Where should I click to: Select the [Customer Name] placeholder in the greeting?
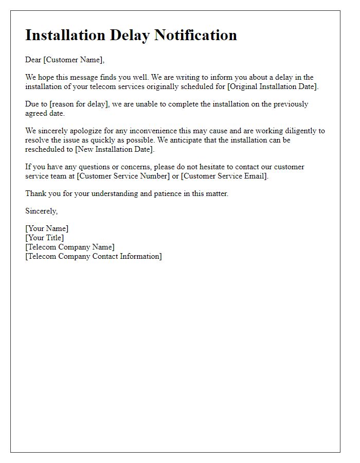tap(74, 60)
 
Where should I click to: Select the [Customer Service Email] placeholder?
tap(224, 176)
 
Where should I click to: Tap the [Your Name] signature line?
tap(47, 228)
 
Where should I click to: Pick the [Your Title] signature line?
tap(45, 238)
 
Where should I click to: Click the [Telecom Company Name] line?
tap(70, 247)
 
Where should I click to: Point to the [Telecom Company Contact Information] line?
tap(94, 256)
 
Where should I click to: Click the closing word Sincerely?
tap(41, 211)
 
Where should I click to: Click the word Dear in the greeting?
tap(33, 60)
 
